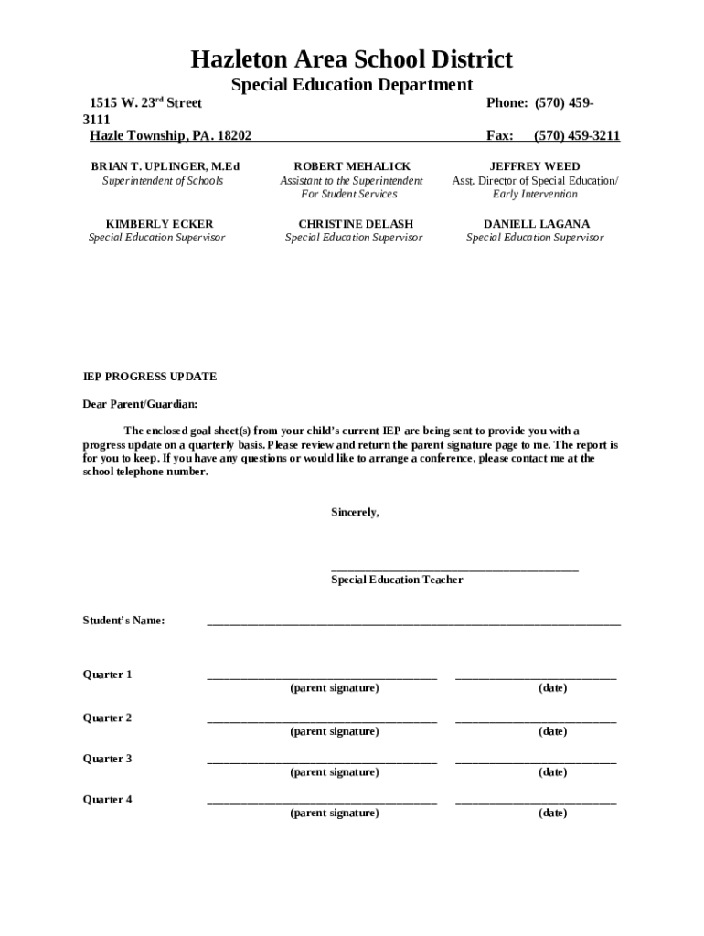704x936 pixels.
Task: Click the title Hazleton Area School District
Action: pyautogui.click(x=351, y=60)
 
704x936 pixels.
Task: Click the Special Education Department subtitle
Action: pyautogui.click(x=351, y=85)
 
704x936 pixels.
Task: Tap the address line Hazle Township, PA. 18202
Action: pyautogui.click(x=170, y=136)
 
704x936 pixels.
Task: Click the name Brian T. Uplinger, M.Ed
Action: pyautogui.click(x=165, y=166)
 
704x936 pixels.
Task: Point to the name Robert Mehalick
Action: pyautogui.click(x=352, y=166)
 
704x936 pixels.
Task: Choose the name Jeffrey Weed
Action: pyautogui.click(x=535, y=166)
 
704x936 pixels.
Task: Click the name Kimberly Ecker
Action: pyautogui.click(x=159, y=224)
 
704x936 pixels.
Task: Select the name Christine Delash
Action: pyautogui.click(x=356, y=224)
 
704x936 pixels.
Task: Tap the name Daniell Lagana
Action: pyautogui.click(x=536, y=224)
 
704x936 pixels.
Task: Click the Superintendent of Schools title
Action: pyautogui.click(x=162, y=181)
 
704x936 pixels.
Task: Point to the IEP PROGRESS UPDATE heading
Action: pyautogui.click(x=150, y=377)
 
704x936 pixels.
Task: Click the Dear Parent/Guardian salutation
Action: pyautogui.click(x=140, y=404)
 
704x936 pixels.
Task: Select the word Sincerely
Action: pyautogui.click(x=355, y=513)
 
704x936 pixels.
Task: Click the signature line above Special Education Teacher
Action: pyautogui.click(x=454, y=569)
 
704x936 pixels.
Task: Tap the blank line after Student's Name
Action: pyautogui.click(x=413, y=622)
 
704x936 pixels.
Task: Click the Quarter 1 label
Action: pyautogui.click(x=108, y=675)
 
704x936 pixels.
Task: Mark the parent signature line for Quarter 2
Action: pyautogui.click(x=322, y=721)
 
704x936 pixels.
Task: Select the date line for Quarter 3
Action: pyautogui.click(x=536, y=761)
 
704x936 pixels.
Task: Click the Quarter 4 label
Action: pyautogui.click(x=108, y=799)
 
